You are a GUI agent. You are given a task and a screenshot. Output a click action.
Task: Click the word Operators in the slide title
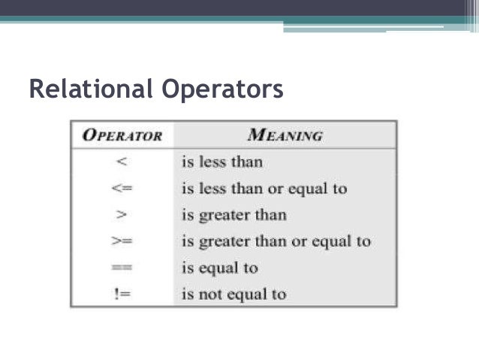[x=223, y=89]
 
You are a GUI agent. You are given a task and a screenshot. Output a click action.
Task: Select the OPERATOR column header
[x=122, y=136]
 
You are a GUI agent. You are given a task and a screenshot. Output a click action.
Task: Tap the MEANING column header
[x=285, y=136]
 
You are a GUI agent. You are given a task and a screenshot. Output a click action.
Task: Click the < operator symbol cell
[x=121, y=162]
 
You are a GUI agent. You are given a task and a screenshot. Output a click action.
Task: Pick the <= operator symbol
[x=121, y=189]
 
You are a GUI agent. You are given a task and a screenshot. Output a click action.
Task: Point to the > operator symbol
[x=121, y=215]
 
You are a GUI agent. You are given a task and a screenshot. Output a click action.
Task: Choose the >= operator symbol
[x=121, y=242]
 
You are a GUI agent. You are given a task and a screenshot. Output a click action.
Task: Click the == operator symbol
[x=121, y=268]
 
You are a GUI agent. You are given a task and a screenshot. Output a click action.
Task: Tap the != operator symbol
[x=121, y=295]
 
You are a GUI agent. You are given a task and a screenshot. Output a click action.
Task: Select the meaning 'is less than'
[x=222, y=162]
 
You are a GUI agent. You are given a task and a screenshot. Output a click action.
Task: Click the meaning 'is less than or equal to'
[x=264, y=189]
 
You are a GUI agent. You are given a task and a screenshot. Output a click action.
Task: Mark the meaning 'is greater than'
[x=233, y=215]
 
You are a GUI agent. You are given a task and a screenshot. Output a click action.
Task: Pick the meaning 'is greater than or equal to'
[x=276, y=242]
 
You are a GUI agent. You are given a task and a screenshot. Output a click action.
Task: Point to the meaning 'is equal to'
[x=219, y=268]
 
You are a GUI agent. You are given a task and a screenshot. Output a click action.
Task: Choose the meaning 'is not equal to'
[x=233, y=295]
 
